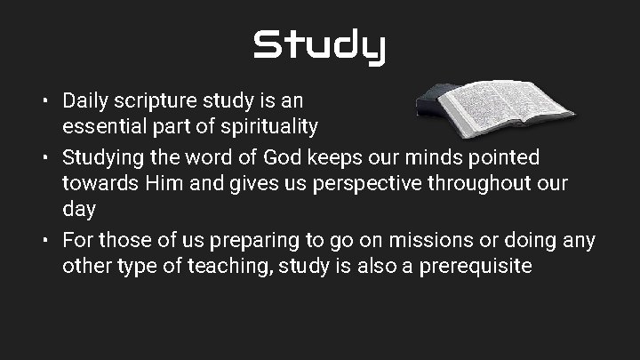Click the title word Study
(319, 46)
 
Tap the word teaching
(228, 266)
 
